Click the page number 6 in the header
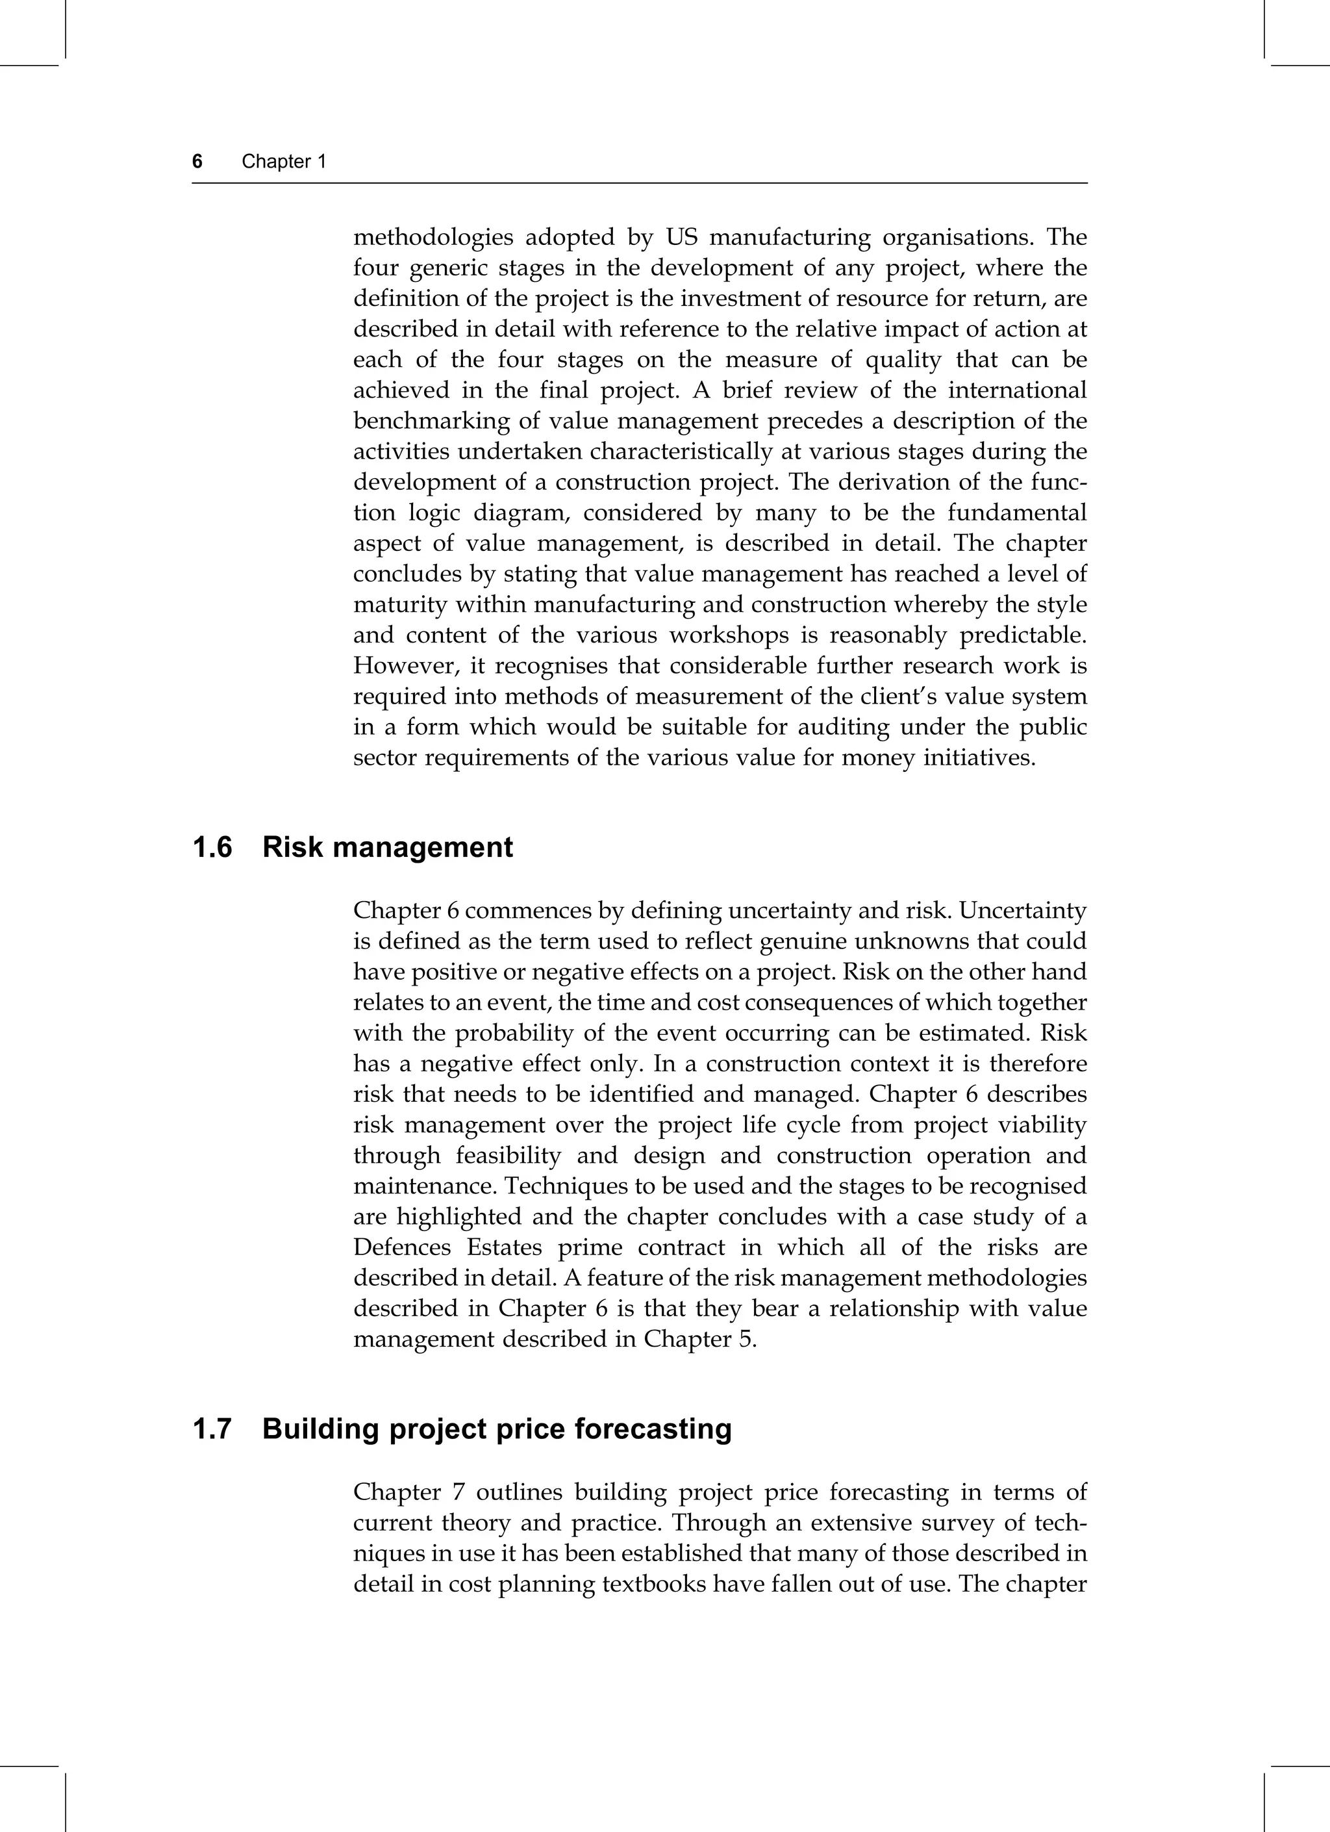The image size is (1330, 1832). [x=197, y=162]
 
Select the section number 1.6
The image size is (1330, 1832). [x=212, y=847]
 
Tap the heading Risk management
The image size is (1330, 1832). [x=388, y=847]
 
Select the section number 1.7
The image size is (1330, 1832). [x=212, y=1429]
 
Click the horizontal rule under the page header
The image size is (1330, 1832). [x=640, y=183]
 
